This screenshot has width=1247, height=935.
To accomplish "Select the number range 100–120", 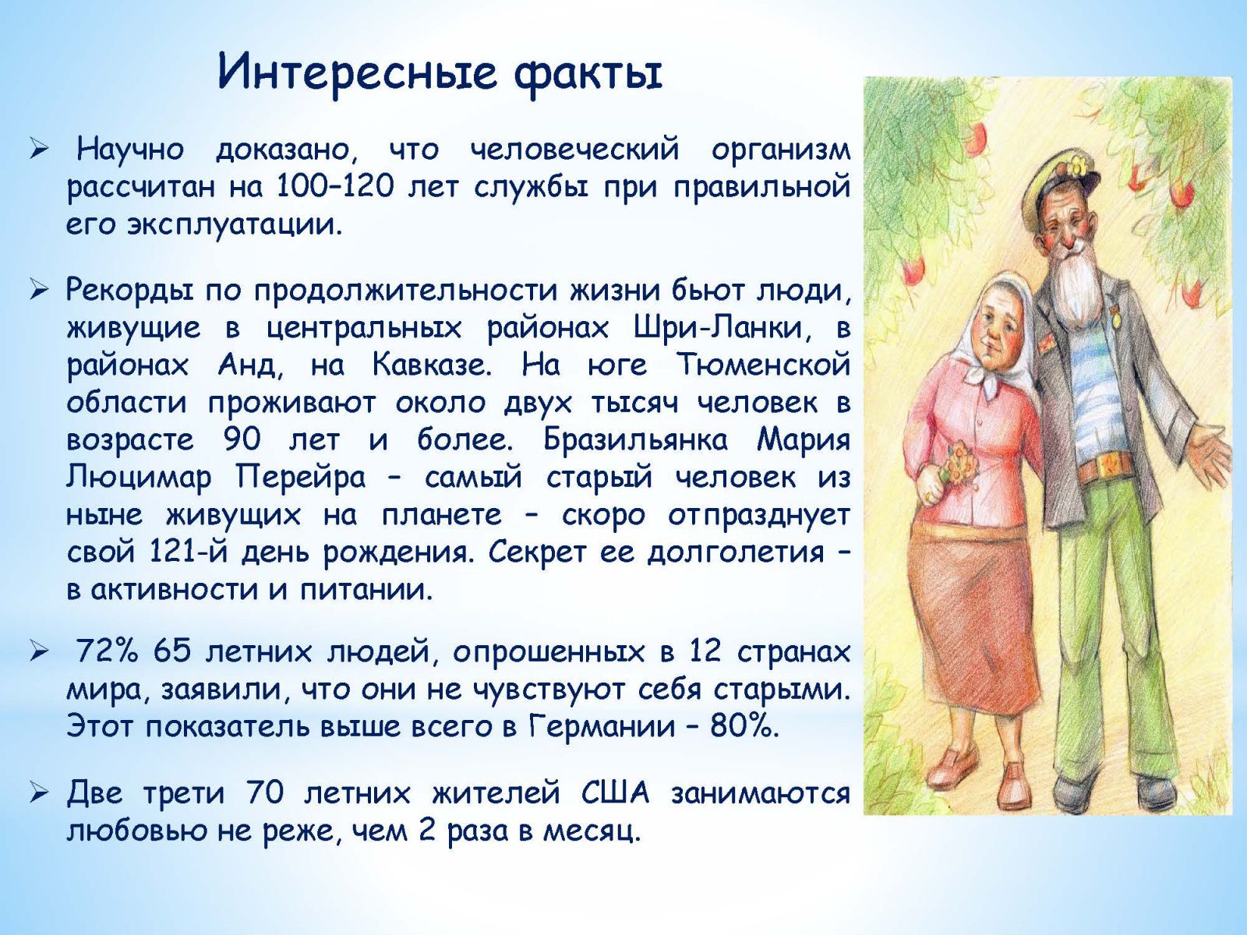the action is coord(334,187).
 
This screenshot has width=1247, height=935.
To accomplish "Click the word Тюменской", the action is coord(763,365).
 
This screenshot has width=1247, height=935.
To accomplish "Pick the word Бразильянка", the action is coord(635,439).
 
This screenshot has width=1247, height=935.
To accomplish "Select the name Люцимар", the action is coord(139,478).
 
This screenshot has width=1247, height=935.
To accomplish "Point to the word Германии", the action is coord(601,726).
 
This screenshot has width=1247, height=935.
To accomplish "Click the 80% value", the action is coord(744,726).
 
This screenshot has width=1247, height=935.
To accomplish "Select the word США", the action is coord(615,793).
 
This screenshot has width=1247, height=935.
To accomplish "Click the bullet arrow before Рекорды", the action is coord(40,291).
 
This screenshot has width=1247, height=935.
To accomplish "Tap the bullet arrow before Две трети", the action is coord(40,793).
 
